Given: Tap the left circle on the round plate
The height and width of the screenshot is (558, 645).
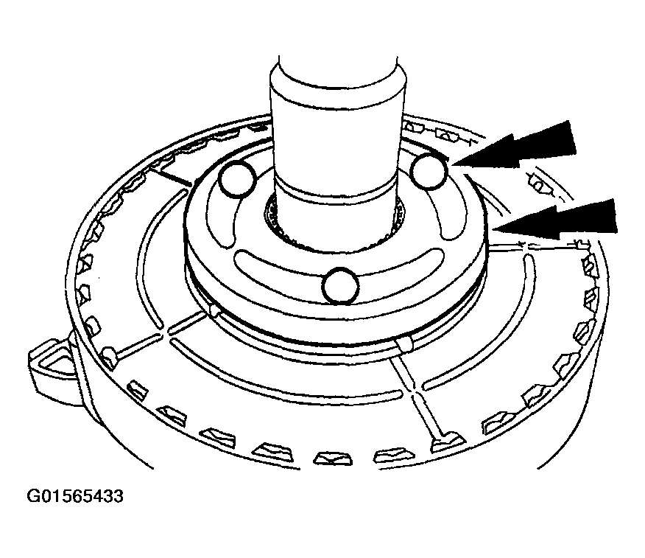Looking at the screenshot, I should click(x=238, y=178).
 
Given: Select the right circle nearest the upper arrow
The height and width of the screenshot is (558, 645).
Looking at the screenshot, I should click(x=429, y=170).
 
